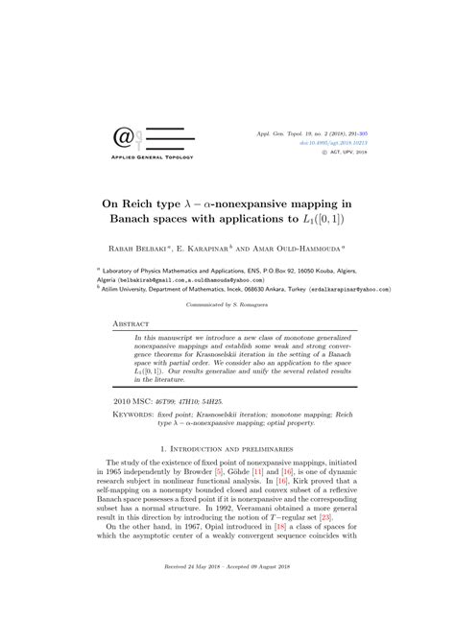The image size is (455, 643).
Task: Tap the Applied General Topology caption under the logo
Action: click(x=154, y=157)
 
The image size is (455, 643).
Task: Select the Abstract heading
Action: click(x=132, y=325)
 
